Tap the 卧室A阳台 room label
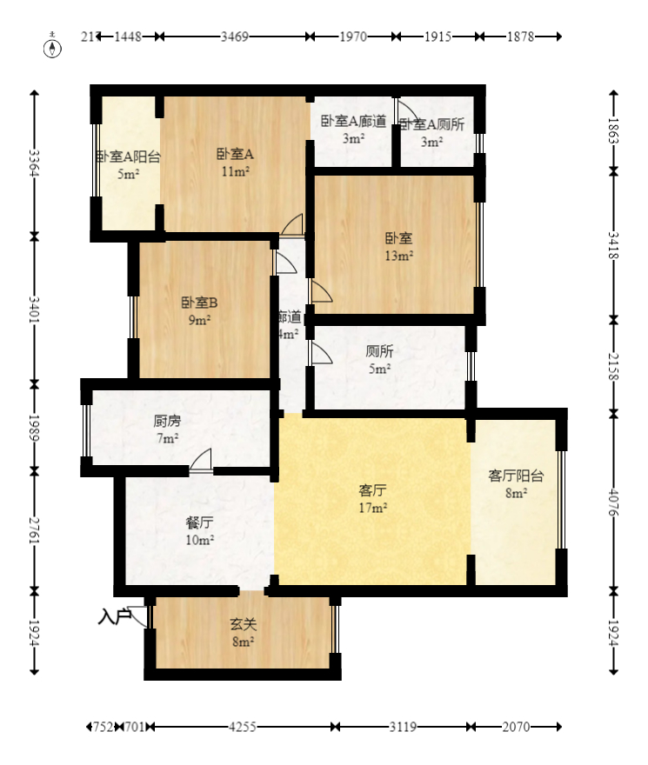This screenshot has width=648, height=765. pos(128,157)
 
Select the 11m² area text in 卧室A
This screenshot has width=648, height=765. pos(235,172)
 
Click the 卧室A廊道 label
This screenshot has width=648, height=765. pos(352,123)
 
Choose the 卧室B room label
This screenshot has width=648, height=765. pos(199,303)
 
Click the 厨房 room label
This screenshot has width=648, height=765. pos(167,421)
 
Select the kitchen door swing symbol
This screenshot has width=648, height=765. pos(201,460)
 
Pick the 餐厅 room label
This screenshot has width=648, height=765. pos(199,523)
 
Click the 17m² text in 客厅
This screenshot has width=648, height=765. pos(373,508)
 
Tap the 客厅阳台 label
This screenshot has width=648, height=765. pos(516,476)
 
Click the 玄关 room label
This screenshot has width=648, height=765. pos(242,624)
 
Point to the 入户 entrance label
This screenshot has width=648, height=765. pos(114,617)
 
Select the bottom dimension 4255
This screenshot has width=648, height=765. pos(242,727)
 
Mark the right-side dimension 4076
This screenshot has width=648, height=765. pos(613,502)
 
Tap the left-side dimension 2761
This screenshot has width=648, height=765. pos(34,530)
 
